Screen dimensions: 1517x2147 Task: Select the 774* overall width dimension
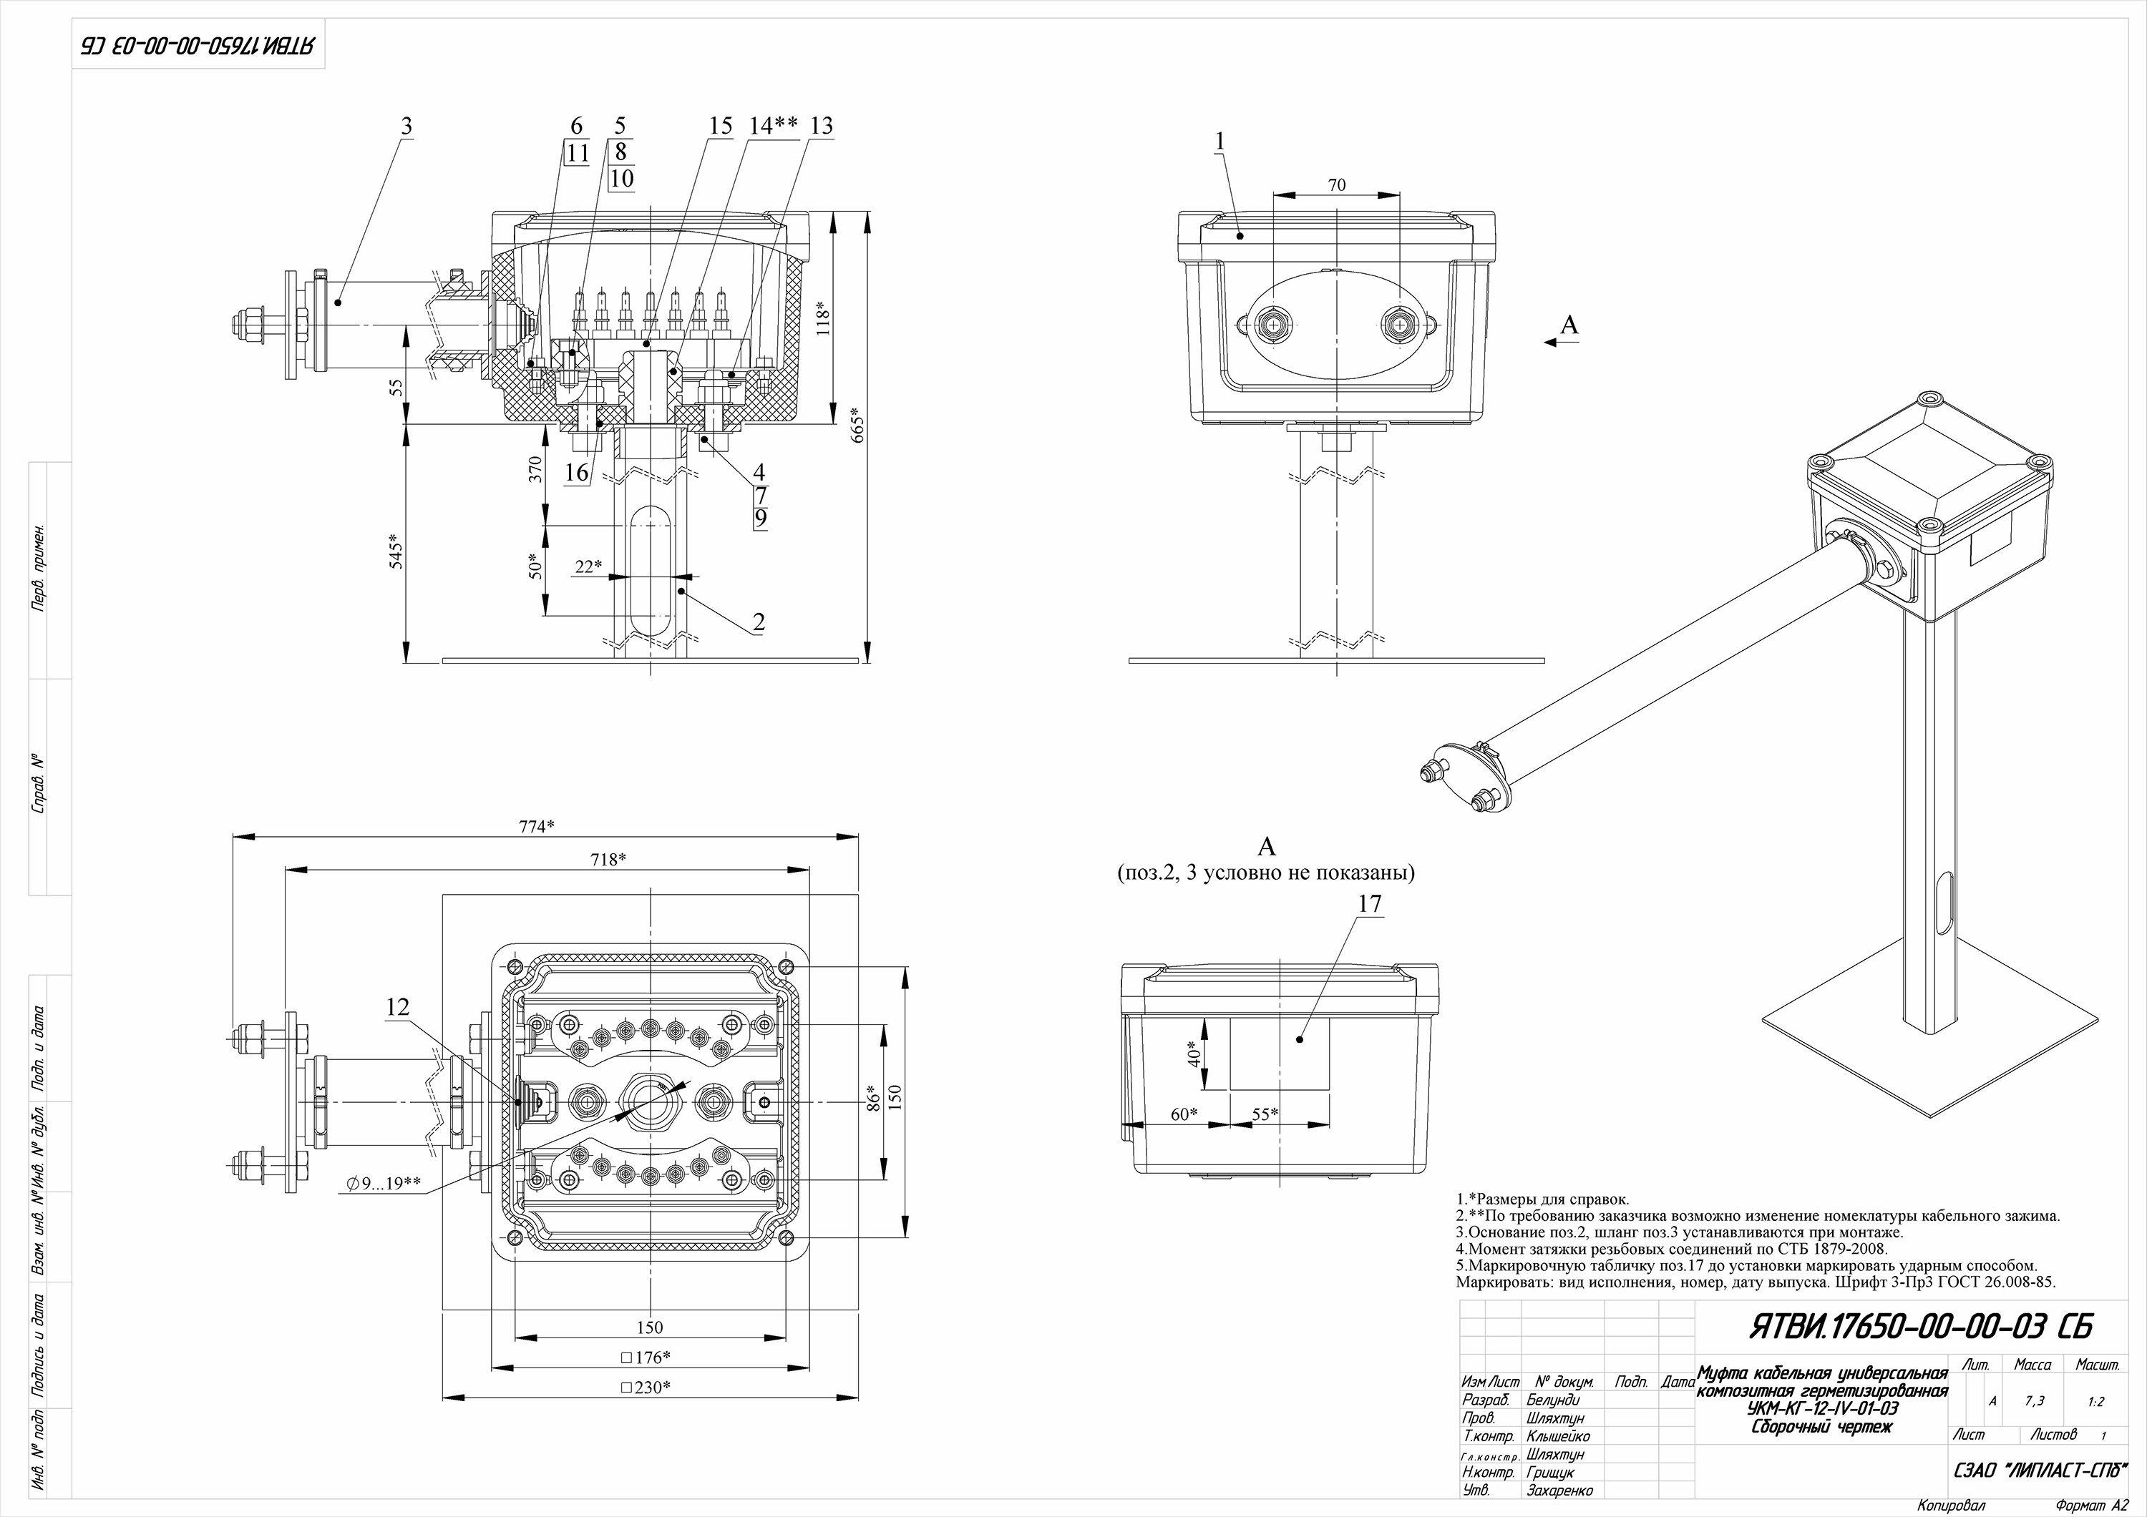pos(537,826)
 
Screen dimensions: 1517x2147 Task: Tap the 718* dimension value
pos(608,860)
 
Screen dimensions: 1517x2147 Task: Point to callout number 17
pos(1370,904)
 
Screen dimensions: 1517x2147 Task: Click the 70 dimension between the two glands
pos(1336,185)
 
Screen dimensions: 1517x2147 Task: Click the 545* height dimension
pos(396,551)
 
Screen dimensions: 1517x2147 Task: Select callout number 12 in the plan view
pos(397,1006)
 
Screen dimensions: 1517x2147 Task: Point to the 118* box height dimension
pos(822,318)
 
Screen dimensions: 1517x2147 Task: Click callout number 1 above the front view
pos(1219,141)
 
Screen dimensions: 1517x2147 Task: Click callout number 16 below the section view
pos(576,473)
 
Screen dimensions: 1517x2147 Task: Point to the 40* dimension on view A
pos(1192,1054)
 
